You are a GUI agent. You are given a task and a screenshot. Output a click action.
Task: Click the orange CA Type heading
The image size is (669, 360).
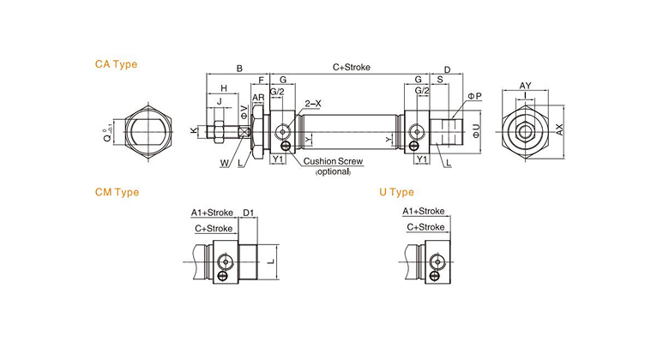(116, 64)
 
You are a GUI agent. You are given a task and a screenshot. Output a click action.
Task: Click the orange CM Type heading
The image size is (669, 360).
(117, 192)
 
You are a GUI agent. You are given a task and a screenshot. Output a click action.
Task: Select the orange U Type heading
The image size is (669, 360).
(396, 192)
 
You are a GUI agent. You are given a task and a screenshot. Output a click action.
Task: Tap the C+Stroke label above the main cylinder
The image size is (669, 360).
(351, 68)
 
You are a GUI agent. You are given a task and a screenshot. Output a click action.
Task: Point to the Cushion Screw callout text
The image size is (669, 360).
(333, 161)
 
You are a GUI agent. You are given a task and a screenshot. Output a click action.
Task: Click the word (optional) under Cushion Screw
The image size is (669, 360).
(333, 171)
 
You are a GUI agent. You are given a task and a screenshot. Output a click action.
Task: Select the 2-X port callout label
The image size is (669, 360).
(313, 104)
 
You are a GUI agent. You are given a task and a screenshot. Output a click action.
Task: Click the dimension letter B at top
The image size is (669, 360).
(239, 69)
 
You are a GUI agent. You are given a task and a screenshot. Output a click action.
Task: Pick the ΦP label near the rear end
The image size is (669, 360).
(474, 96)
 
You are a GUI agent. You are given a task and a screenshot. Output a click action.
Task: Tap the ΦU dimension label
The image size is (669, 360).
(476, 131)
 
